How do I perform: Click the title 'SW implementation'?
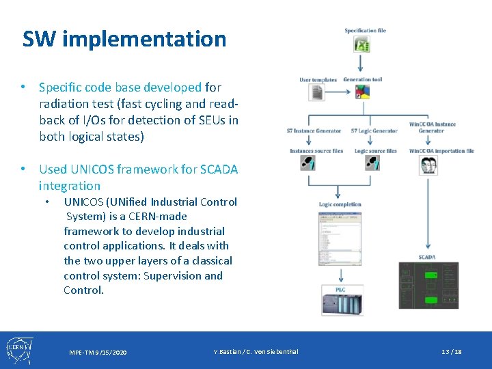point(124,39)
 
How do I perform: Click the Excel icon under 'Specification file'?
point(361,45)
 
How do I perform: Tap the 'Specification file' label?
point(365,30)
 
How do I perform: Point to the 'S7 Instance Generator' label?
point(314,131)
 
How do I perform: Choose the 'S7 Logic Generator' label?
point(374,131)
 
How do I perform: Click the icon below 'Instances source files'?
point(307,163)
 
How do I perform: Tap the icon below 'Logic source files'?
point(372,163)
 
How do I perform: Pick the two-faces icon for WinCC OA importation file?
point(428,165)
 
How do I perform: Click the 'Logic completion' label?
point(340,204)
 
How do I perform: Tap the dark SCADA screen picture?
point(428,286)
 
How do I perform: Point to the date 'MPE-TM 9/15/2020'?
point(98,352)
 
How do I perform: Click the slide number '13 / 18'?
point(451,351)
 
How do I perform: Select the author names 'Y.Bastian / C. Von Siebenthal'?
point(256,351)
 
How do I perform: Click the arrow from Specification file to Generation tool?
point(361,64)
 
